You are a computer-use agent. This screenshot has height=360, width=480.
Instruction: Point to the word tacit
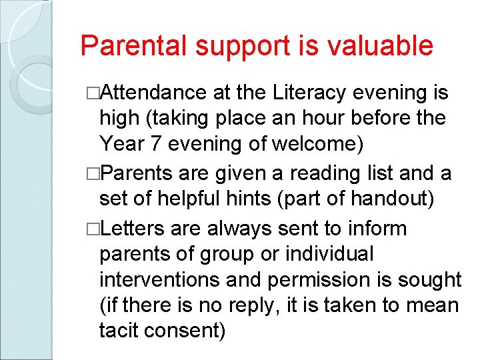tap(119, 330)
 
